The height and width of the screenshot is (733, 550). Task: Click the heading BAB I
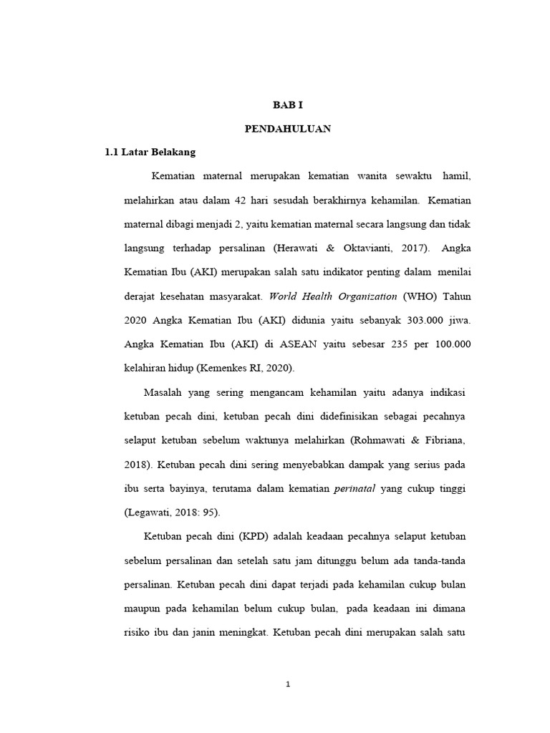pyautogui.click(x=289, y=105)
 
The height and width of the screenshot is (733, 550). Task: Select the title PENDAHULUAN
pyautogui.click(x=289, y=129)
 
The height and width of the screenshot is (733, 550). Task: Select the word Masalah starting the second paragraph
pyautogui.click(x=164, y=392)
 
